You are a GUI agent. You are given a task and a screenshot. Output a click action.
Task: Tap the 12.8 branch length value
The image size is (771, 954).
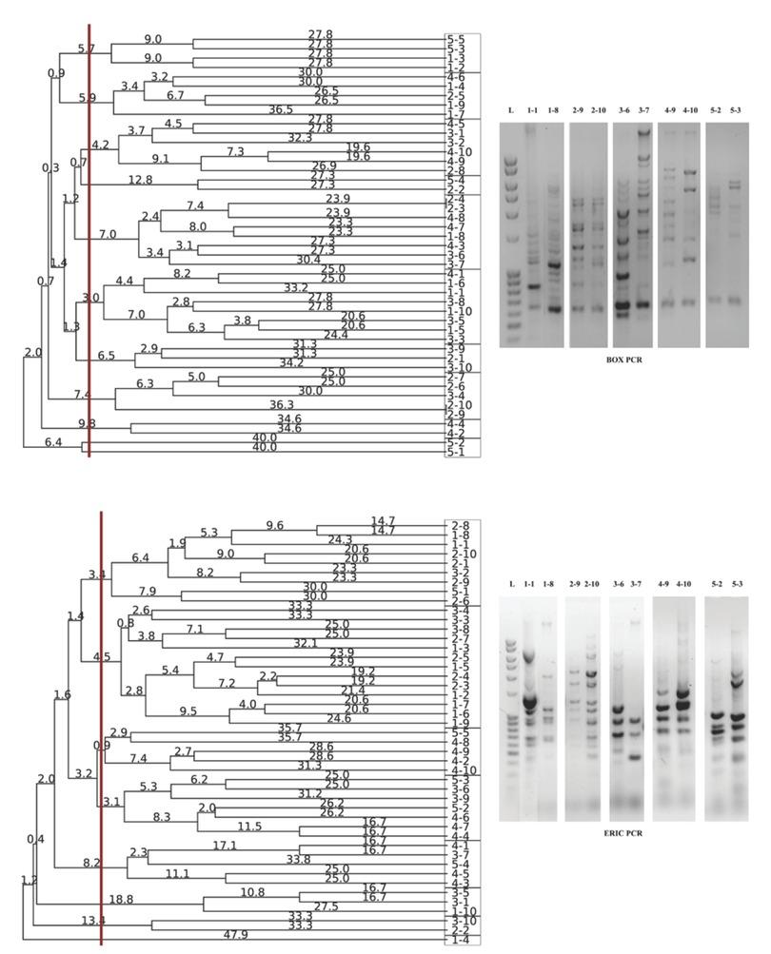(141, 179)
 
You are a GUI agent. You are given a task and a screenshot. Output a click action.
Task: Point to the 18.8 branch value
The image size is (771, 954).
(121, 899)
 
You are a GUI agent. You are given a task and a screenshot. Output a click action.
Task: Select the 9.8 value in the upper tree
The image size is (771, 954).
(88, 422)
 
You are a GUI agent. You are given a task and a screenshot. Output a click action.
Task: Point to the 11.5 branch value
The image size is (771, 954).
(249, 827)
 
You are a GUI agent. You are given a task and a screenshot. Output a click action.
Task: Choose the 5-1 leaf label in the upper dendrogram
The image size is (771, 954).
(456, 452)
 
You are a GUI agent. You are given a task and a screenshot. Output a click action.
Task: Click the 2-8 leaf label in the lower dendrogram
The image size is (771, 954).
(456, 525)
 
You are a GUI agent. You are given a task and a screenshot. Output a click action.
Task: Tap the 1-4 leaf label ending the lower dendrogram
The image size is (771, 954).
(456, 940)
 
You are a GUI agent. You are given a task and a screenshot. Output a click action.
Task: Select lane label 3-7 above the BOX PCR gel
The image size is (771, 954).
(643, 111)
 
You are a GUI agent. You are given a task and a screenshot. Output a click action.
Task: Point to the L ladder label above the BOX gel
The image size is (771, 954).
(511, 111)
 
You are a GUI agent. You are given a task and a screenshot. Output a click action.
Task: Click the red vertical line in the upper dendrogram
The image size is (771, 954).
(89, 285)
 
